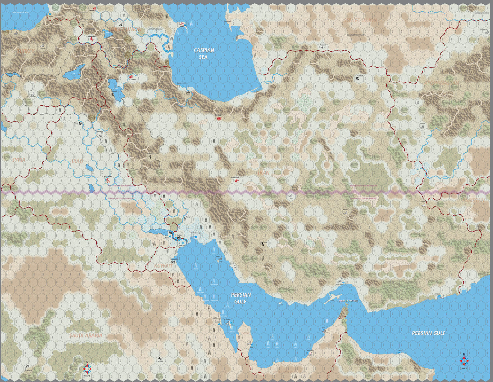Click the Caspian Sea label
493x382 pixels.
[x=203, y=54]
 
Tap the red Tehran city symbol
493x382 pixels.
[x=219, y=119]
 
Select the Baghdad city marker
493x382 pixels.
[x=108, y=180]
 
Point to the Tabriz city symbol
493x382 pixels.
[x=131, y=77]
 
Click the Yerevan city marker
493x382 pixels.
[x=92, y=40]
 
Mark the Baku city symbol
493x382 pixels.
[x=182, y=24]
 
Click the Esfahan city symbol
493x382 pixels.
[x=237, y=180]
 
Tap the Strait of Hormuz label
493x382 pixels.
[x=348, y=301]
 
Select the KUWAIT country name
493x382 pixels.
[x=164, y=266]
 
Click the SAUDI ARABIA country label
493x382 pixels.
[x=86, y=335]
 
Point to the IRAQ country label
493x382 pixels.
[x=77, y=161]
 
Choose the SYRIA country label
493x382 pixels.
[x=19, y=160]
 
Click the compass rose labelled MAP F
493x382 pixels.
[x=464, y=361]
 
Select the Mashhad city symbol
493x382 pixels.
[x=357, y=78]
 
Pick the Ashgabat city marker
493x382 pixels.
[x=322, y=47]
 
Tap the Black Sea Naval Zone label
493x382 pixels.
[x=21, y=13]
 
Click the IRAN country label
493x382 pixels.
[x=264, y=173]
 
